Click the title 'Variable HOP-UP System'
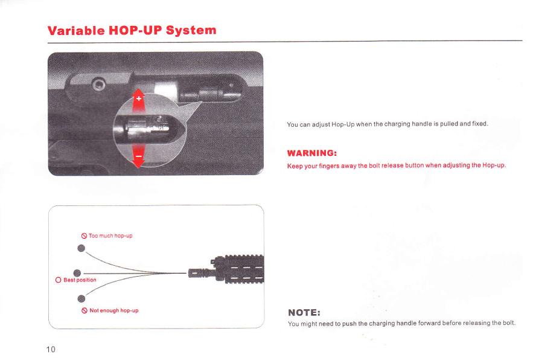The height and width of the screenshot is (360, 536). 132,30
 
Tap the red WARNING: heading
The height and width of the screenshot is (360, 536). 312,153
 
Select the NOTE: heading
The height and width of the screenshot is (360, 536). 304,312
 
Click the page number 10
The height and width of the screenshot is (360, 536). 51,349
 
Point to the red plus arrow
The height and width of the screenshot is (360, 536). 138,101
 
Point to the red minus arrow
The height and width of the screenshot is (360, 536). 138,156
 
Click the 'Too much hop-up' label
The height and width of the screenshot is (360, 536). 110,236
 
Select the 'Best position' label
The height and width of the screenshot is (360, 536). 80,280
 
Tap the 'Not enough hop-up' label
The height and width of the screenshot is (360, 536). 114,310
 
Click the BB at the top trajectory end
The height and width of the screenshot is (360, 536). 81,248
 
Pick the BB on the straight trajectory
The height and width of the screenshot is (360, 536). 77,273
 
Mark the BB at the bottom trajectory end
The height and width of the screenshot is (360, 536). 81,299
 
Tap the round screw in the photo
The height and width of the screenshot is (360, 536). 99,83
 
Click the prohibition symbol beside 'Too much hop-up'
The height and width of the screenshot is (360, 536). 84,236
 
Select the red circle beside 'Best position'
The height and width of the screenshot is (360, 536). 58,280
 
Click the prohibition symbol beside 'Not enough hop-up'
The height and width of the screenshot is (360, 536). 85,310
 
